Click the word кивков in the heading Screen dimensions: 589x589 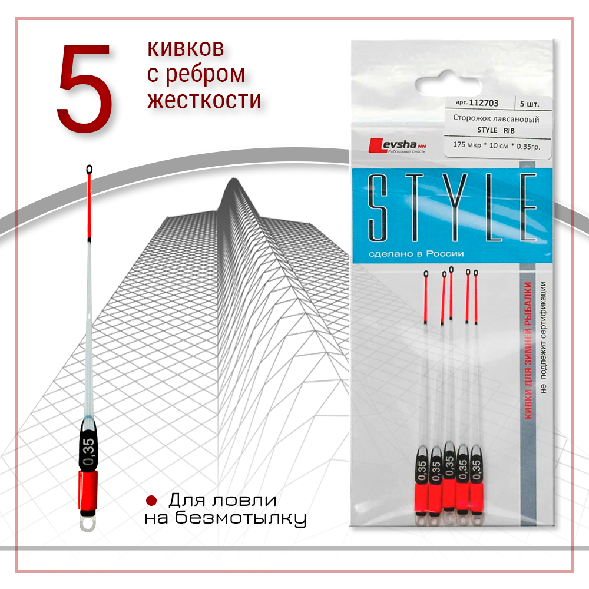coord(185,48)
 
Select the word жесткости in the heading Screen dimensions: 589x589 coord(204,100)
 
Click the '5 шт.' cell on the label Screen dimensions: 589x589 coord(530,103)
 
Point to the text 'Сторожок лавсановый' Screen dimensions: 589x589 coord(496,118)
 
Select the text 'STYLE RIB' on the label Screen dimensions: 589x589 coord(496,130)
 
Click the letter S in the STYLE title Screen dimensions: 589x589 coord(380,206)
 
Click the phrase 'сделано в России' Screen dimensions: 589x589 coord(416,254)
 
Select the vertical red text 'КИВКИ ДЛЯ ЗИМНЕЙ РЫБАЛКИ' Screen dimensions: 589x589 coord(528,351)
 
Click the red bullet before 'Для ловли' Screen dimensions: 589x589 coord(151,501)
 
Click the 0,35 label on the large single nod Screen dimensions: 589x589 coord(89,451)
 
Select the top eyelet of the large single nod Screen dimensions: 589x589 coord(89,170)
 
